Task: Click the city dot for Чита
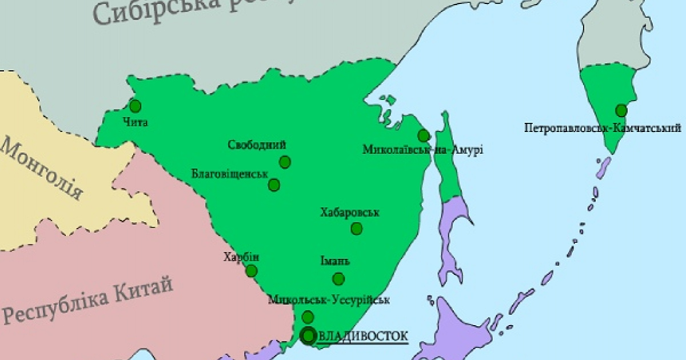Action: pyautogui.click(x=135, y=106)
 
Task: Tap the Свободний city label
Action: pyautogui.click(x=257, y=145)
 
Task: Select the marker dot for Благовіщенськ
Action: pyautogui.click(x=274, y=185)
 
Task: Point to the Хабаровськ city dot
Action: pyautogui.click(x=357, y=229)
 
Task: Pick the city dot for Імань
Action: pyautogui.click(x=338, y=279)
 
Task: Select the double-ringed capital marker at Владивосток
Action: pyautogui.click(x=309, y=336)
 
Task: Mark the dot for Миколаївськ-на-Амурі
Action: pyautogui.click(x=424, y=135)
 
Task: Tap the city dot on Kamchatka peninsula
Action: pyautogui.click(x=621, y=110)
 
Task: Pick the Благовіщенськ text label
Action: pyautogui.click(x=230, y=171)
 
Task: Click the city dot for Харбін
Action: pyautogui.click(x=251, y=271)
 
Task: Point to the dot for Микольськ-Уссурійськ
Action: pyautogui.click(x=308, y=317)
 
